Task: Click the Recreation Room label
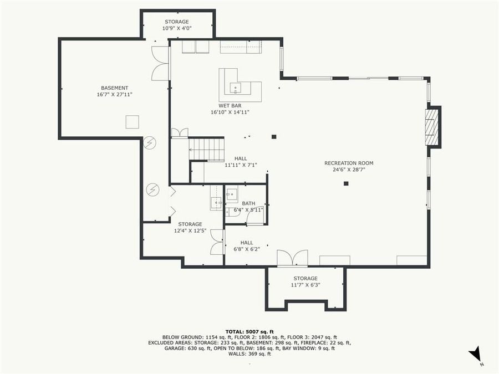pos(349,163)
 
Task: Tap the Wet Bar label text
pos(230,105)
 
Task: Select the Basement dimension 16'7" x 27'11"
pos(114,95)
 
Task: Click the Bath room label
pos(248,203)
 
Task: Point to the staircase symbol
pos(207,150)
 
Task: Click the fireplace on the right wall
pos(431,127)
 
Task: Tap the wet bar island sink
pos(236,88)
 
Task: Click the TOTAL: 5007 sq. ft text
pos(249,330)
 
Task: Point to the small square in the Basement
pos(133,122)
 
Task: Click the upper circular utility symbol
pos(150,143)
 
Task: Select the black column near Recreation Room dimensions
pos(346,183)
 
